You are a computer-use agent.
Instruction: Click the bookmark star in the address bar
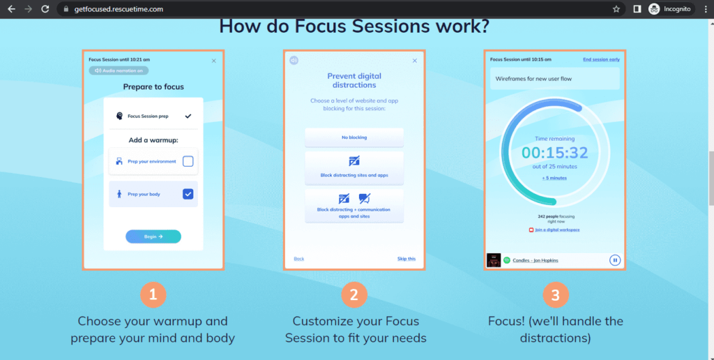coord(616,9)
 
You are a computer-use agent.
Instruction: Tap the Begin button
coord(153,237)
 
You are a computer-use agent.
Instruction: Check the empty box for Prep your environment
coord(188,161)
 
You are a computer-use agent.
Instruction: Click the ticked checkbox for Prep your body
coord(188,194)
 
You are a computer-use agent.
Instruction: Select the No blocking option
coord(354,137)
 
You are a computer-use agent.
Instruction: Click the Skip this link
coord(406,259)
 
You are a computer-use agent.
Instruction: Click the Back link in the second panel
coord(299,259)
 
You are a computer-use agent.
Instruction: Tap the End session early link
coord(601,59)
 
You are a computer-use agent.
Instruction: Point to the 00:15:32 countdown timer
coord(555,153)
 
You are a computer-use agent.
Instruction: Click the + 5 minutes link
coord(555,178)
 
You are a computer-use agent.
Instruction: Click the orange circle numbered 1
coord(153,294)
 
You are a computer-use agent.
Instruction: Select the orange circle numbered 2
coord(354,294)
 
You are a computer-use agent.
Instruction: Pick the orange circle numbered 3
coord(555,294)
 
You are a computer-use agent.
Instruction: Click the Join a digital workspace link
coord(557,230)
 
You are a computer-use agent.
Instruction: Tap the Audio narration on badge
coord(119,70)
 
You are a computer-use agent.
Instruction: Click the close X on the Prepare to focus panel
coord(214,61)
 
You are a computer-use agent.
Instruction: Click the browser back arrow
coord(11,9)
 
